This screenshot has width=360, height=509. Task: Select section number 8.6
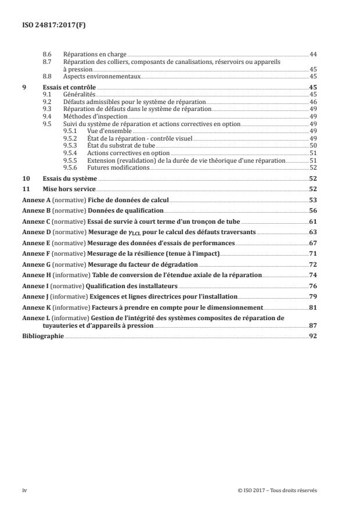pyautogui.click(x=48, y=53)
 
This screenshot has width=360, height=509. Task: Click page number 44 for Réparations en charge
pyautogui.click(x=312, y=53)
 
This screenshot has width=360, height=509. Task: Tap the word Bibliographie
pyautogui.click(x=43, y=336)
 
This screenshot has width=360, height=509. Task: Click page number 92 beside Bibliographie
pyautogui.click(x=312, y=336)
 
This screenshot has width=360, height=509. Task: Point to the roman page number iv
pyautogui.click(x=24, y=490)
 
